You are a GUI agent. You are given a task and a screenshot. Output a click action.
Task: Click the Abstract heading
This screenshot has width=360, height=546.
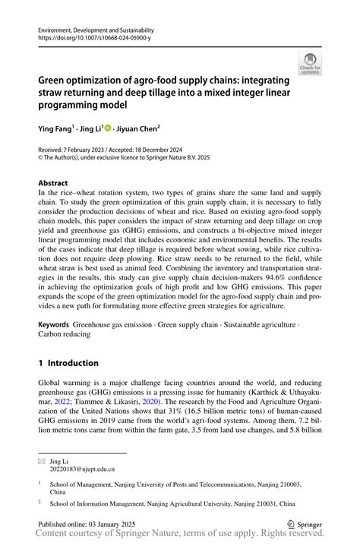(55, 183)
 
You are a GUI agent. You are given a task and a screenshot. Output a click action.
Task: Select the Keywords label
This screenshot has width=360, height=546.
(54, 324)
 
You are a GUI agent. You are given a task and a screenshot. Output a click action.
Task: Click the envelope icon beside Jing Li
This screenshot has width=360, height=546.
(43, 460)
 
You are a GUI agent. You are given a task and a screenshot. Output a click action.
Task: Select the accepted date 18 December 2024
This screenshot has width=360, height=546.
(186, 151)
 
